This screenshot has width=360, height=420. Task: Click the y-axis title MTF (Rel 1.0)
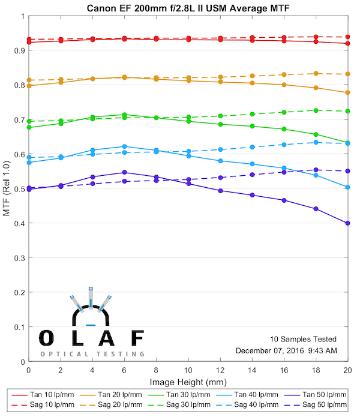(x=7, y=190)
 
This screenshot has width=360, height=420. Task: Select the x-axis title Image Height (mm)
(x=188, y=382)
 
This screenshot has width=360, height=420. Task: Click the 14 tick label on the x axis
(x=252, y=371)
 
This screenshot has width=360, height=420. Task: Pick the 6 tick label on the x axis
(x=124, y=371)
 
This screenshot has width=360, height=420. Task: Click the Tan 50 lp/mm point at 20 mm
(x=348, y=223)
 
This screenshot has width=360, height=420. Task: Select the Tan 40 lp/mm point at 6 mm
(x=124, y=146)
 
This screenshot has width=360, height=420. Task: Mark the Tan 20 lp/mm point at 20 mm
(x=348, y=92)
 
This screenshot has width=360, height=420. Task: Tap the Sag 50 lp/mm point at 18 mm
(x=316, y=170)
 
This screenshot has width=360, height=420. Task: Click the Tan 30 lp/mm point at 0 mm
(x=29, y=127)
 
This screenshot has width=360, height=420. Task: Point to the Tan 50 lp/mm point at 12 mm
(x=220, y=191)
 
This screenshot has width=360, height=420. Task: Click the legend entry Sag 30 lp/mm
(x=188, y=405)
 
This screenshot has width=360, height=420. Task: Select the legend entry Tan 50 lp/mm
(x=319, y=395)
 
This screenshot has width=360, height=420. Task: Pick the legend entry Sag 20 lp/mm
(x=122, y=405)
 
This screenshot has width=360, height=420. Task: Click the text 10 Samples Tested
(x=303, y=339)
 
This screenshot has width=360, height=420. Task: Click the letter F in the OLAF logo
(x=137, y=338)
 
